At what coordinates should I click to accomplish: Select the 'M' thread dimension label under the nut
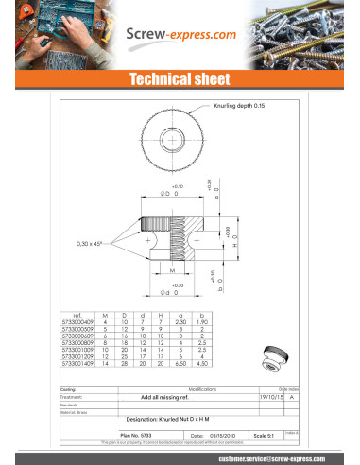171,269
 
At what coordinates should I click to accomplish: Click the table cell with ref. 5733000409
77,321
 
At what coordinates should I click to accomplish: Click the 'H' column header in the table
162,315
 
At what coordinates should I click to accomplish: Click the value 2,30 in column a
181,321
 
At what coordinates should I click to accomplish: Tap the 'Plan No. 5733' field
138,434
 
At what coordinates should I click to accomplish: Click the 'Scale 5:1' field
266,434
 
